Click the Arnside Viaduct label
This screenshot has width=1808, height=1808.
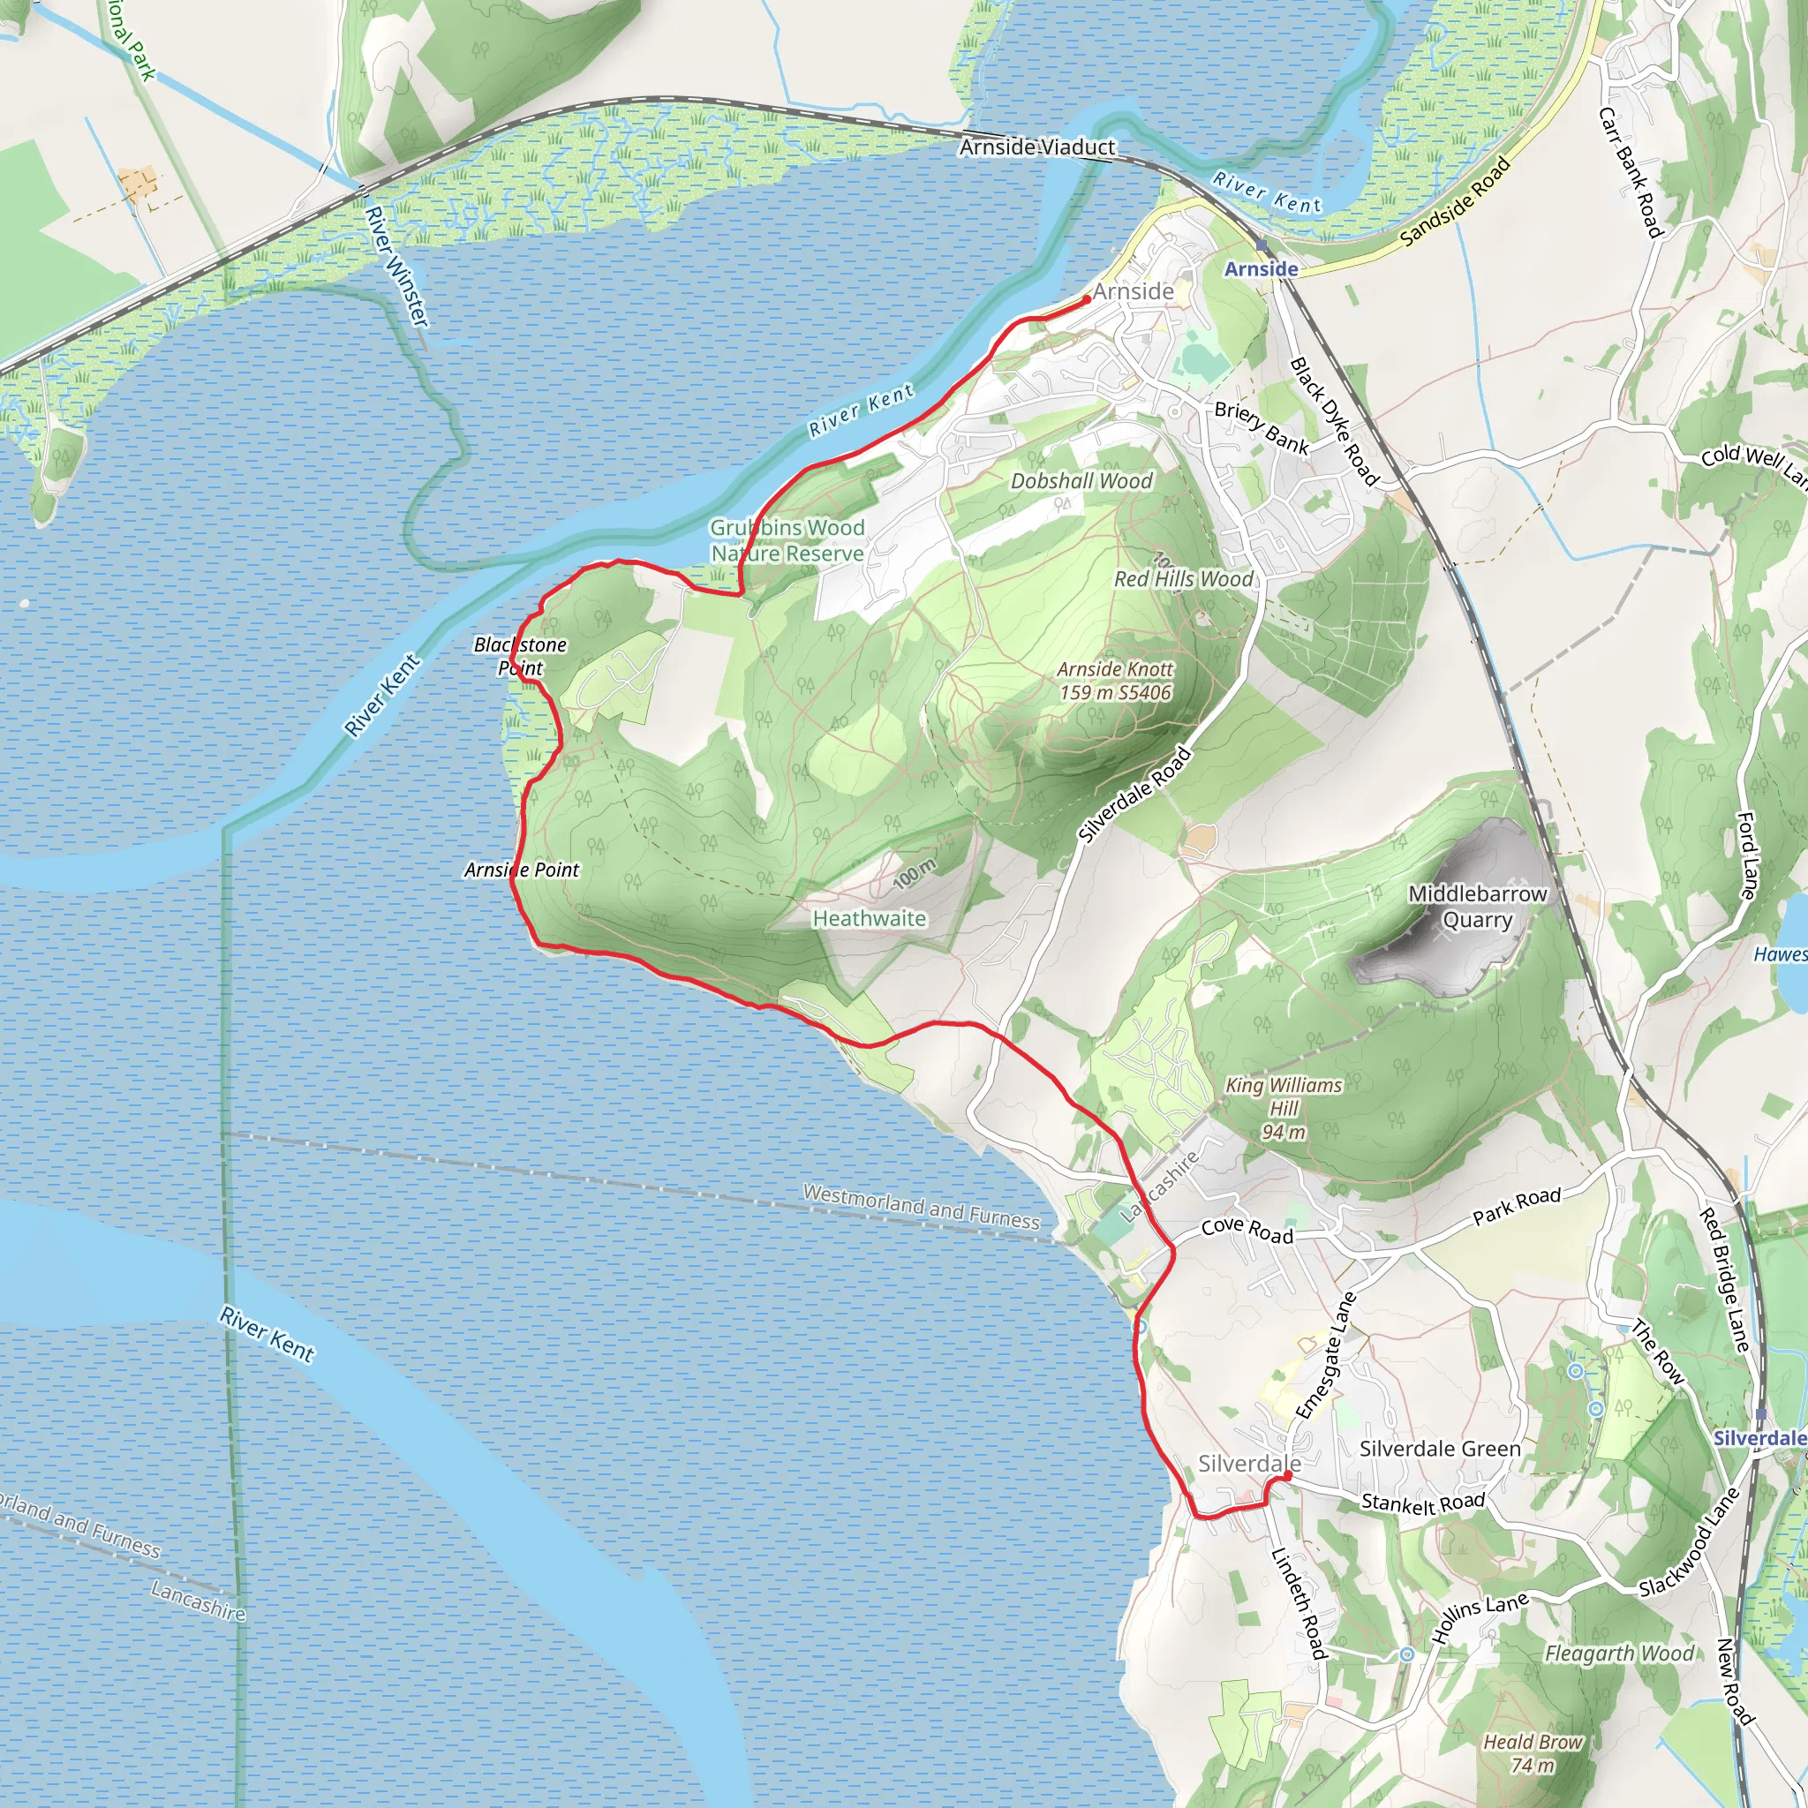(1037, 147)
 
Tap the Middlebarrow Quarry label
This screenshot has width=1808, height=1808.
(1477, 906)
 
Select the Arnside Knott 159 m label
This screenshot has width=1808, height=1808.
(1115, 681)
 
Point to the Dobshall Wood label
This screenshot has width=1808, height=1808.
(1081, 481)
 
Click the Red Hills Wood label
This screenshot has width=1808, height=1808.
(1183, 579)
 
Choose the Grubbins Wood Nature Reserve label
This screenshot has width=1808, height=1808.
(787, 540)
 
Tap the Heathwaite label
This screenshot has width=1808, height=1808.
(869, 918)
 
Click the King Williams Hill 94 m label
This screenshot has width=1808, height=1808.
(1283, 1108)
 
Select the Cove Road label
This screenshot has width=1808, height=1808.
(1247, 1231)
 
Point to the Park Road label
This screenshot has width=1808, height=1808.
(1516, 1206)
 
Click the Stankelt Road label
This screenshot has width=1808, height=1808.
(1422, 1502)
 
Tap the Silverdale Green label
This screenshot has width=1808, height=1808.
(1439, 1449)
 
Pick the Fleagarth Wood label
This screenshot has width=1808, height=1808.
(1618, 1654)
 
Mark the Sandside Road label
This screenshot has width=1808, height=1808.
(1454, 202)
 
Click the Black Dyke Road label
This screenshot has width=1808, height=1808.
(1334, 421)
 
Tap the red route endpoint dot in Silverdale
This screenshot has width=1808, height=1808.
(1288, 1476)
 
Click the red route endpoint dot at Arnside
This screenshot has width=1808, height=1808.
(1087, 299)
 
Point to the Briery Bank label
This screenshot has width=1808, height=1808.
(1261, 426)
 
